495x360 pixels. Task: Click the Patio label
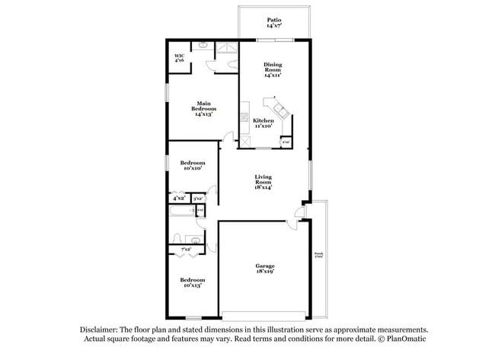point(274,23)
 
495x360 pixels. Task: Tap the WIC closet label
point(180,58)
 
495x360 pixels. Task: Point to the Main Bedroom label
point(203,108)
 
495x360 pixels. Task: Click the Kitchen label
point(263,123)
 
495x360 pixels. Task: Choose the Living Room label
point(263,183)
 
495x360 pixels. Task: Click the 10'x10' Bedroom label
point(193,165)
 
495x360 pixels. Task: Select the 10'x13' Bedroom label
point(193,282)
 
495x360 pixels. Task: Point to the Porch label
point(319,256)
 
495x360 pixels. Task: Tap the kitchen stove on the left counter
point(244,119)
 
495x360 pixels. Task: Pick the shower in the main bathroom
point(226,50)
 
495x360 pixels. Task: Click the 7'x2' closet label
point(185,249)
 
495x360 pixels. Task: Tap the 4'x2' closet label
point(179,198)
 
